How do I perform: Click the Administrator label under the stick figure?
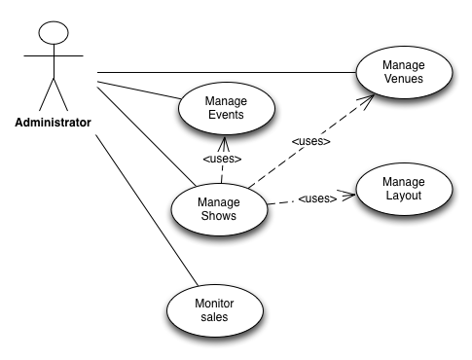pos(53,123)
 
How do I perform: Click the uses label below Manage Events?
pos(222,159)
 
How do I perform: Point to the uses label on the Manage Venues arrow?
pos(310,141)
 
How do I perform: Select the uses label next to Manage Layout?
pos(317,198)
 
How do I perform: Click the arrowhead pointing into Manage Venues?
pos(368,101)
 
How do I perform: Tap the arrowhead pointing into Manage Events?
pos(224,144)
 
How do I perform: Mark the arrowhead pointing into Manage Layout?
pos(347,195)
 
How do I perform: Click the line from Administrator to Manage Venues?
pos(227,72)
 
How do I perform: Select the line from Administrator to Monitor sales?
pos(147,210)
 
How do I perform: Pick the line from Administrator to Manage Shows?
pos(146,136)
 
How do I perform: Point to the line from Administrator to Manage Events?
pos(139,90)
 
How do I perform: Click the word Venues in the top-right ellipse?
pos(404,79)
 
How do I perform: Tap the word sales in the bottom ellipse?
pos(214,317)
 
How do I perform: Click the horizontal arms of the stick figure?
pos(54,55)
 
